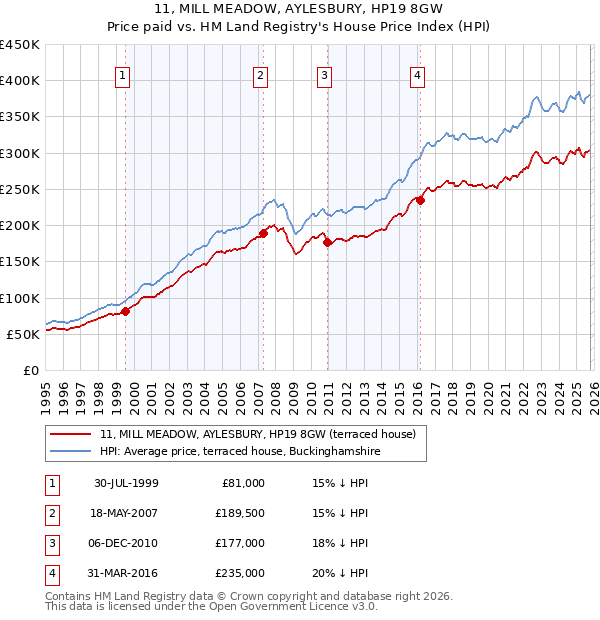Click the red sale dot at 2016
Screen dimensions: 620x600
[x=420, y=200]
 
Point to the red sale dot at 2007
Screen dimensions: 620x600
[x=263, y=233]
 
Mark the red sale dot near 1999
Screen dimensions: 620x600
[x=126, y=311]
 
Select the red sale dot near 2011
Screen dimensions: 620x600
[x=328, y=242]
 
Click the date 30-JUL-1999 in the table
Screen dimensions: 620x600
[x=126, y=482]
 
